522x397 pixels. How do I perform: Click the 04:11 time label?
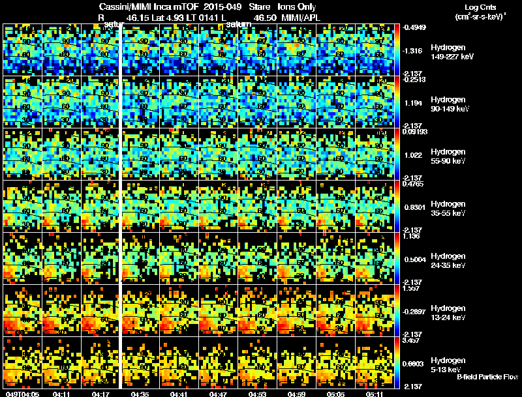coord(62,394)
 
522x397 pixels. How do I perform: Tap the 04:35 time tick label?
coord(140,394)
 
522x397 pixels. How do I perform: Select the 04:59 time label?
coord(297,394)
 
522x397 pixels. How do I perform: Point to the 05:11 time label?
coord(375,394)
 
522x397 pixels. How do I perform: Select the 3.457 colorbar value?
coord(412,340)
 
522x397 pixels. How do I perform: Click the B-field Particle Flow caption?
coord(487,377)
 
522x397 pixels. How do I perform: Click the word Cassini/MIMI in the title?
coord(124,6)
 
